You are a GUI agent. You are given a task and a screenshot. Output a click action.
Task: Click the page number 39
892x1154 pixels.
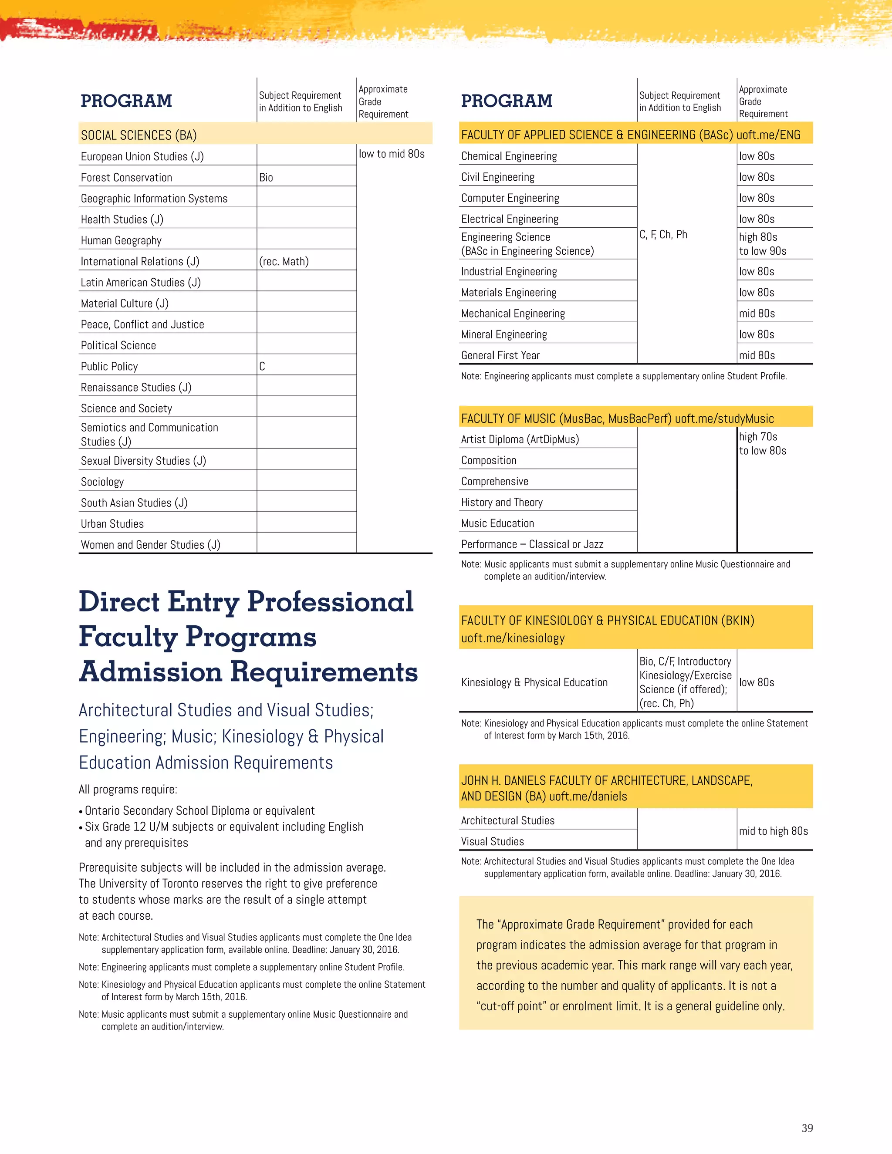pos(807,1129)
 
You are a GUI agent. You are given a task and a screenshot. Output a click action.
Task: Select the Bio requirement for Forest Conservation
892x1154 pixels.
pos(266,178)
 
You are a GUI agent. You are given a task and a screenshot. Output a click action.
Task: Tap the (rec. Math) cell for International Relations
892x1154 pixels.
pos(284,262)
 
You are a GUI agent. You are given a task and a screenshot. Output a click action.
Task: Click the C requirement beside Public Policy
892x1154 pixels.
pos(262,367)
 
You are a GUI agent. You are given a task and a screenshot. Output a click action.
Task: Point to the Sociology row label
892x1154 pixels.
pos(102,482)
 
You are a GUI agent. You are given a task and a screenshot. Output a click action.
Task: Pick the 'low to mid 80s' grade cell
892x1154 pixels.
pos(392,154)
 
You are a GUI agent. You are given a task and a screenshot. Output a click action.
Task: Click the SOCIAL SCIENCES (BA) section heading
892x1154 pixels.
pos(139,135)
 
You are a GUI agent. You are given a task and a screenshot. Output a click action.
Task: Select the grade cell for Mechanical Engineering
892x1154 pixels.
pos(757,314)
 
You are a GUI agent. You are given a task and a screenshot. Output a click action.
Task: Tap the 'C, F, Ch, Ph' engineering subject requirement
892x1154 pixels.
pos(663,235)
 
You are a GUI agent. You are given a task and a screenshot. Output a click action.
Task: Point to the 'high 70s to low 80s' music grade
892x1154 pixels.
pos(762,444)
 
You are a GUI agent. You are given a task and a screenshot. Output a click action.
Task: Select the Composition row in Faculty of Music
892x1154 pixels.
pos(489,460)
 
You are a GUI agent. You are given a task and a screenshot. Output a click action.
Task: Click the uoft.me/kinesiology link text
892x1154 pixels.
pos(513,638)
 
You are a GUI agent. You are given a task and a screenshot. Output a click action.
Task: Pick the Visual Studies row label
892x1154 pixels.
pos(493,842)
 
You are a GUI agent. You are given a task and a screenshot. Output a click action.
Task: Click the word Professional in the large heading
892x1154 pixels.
pos(330,602)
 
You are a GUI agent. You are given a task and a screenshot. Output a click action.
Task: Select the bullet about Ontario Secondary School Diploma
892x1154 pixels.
pos(199,810)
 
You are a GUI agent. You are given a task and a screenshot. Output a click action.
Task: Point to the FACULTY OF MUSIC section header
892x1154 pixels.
pos(617,418)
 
